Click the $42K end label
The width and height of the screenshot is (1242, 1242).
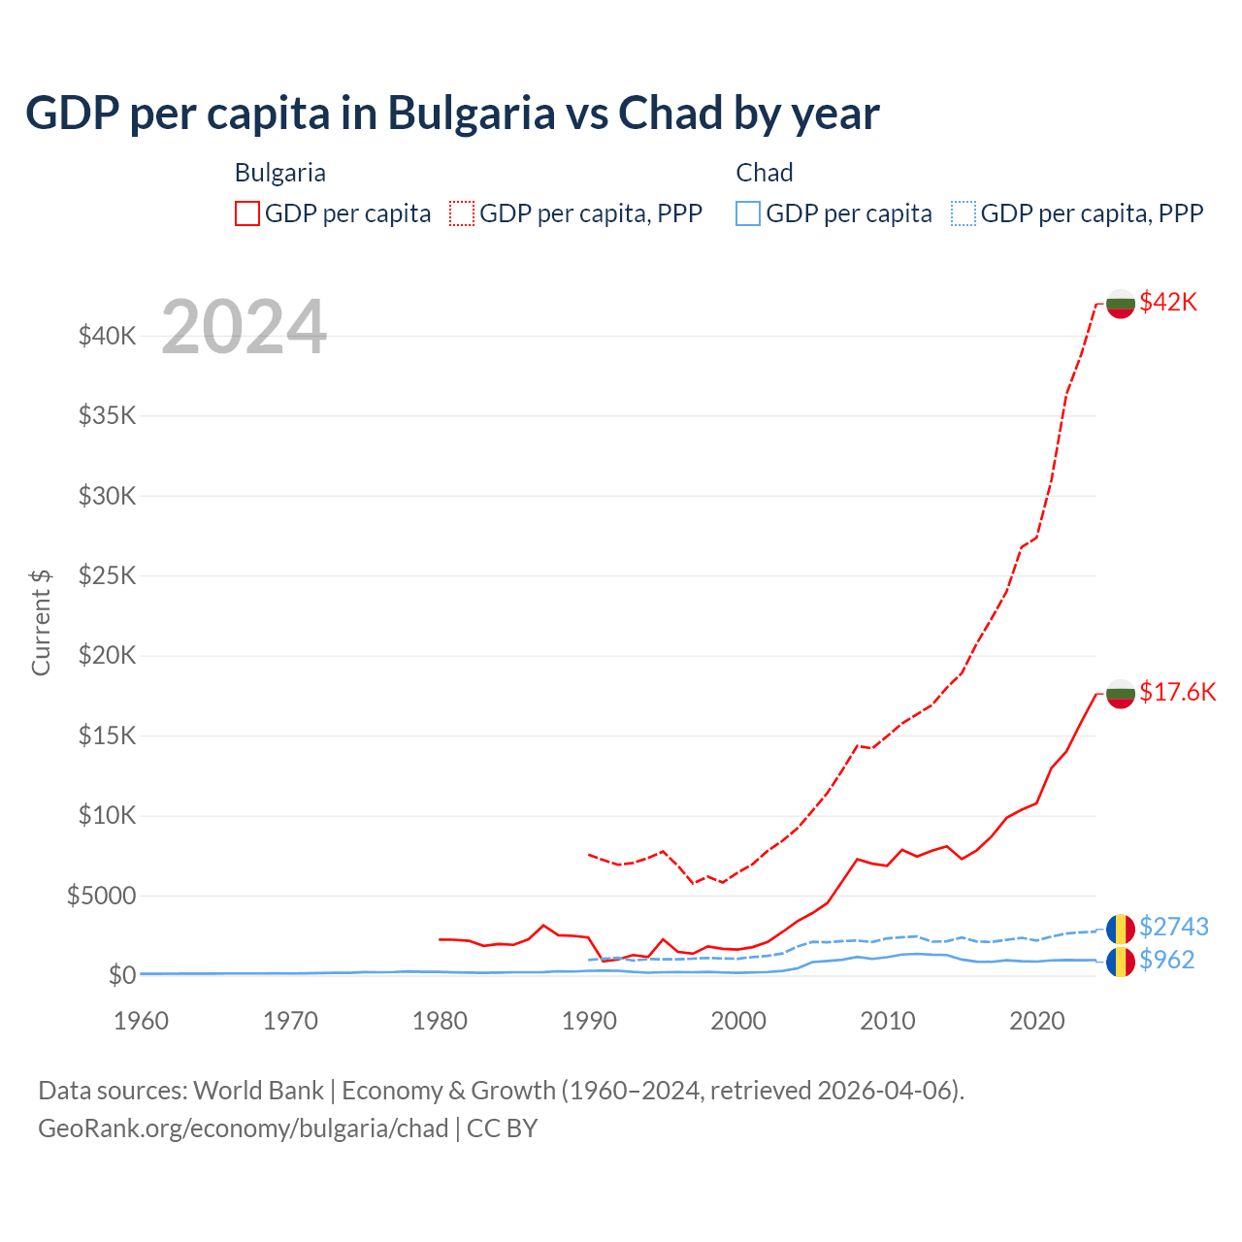[x=1168, y=302]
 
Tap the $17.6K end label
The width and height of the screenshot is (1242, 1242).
[x=1177, y=692]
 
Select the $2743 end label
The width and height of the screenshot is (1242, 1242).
[x=1173, y=927]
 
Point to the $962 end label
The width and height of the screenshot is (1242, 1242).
[x=1166, y=960]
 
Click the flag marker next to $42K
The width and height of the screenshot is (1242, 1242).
[x=1121, y=303]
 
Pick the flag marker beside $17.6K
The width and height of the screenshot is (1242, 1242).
[x=1121, y=693]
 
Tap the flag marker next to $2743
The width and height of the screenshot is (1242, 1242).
[x=1121, y=929]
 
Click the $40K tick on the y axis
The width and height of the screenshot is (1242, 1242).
[x=107, y=337]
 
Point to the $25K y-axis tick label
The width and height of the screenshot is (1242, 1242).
[x=107, y=576]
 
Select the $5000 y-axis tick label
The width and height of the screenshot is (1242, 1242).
[x=101, y=896]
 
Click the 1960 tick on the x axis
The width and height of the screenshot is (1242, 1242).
[x=142, y=1021]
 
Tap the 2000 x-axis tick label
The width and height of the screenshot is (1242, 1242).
[x=738, y=1021]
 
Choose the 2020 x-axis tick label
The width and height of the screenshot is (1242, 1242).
[x=1037, y=1021]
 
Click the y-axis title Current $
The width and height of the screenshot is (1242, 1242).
[x=41, y=622]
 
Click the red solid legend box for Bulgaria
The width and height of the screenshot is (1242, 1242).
[x=247, y=213]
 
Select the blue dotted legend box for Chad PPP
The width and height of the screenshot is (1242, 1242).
[x=964, y=213]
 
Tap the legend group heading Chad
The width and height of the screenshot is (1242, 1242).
[x=765, y=173]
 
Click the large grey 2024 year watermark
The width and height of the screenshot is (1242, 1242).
[x=244, y=328]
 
